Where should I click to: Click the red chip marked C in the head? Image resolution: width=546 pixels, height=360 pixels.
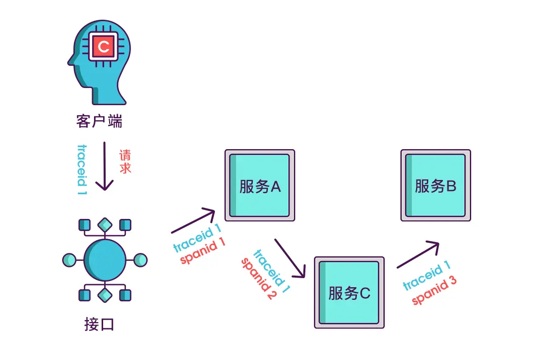click(104, 47)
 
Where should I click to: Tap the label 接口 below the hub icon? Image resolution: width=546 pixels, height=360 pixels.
click(99, 324)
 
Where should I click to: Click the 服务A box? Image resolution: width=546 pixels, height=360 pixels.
click(260, 185)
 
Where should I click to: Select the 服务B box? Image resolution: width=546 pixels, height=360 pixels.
click(436, 185)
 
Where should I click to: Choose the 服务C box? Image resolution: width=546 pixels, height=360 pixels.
click(349, 292)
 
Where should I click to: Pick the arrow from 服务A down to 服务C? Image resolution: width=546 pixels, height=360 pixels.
click(290, 258)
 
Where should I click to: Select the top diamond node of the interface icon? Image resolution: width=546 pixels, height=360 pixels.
click(105, 224)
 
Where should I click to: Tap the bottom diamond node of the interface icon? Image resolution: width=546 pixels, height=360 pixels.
click(105, 295)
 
